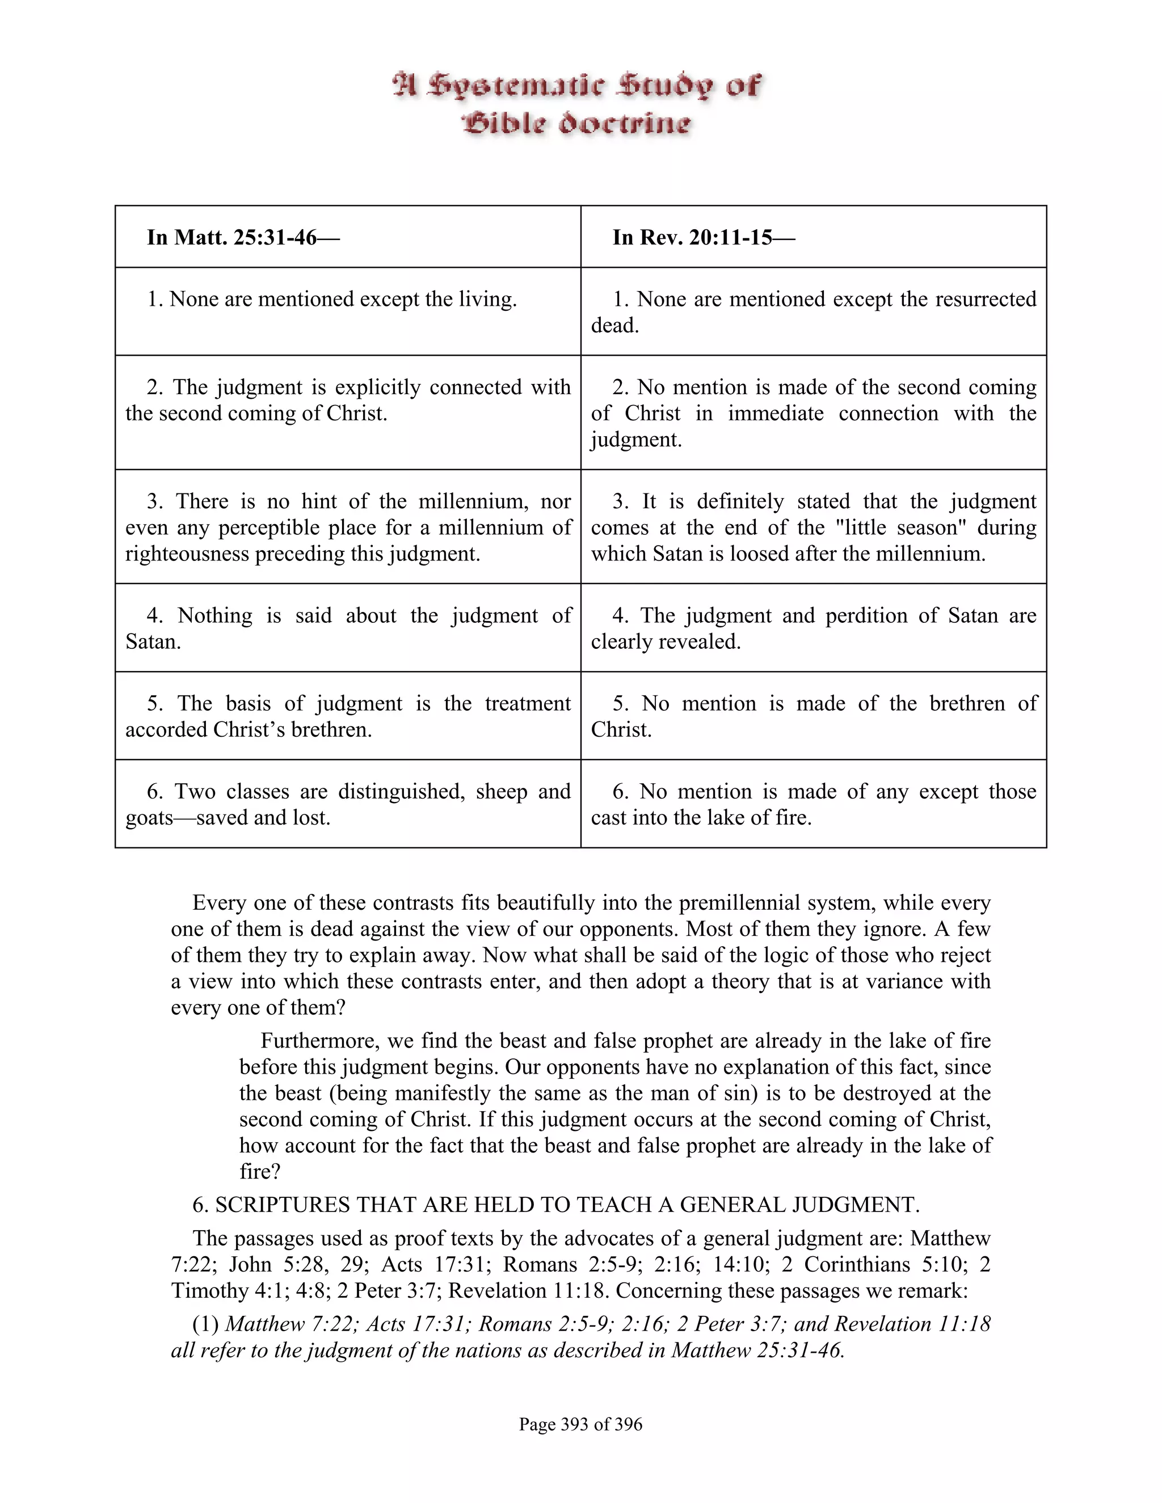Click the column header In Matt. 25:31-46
pos(243,238)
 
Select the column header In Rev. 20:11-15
pos(704,238)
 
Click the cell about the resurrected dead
pos(813,312)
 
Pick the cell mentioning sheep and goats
pos(348,804)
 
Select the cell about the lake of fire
pos(813,804)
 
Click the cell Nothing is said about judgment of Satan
pos(348,628)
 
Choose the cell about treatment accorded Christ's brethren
pos(348,716)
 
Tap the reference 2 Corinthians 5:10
pos(882,1264)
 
